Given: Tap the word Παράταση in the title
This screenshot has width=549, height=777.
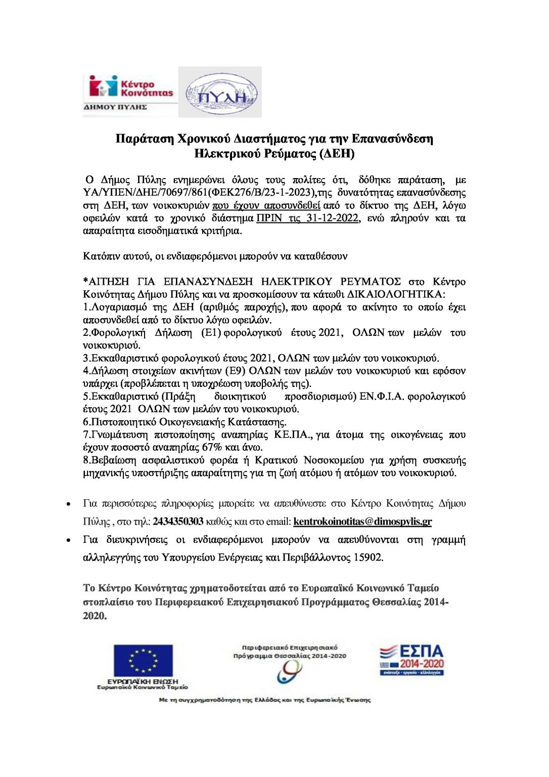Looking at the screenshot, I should pyautogui.click(x=144, y=139).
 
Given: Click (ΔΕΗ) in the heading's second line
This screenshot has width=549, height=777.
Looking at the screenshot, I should pyautogui.click(x=337, y=154).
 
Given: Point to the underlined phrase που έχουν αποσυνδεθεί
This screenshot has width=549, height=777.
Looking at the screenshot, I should pyautogui.click(x=266, y=205).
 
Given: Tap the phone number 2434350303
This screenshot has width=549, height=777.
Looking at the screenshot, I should pyautogui.click(x=178, y=522).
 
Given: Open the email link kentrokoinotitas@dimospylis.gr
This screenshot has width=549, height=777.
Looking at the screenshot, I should pyautogui.click(x=362, y=522).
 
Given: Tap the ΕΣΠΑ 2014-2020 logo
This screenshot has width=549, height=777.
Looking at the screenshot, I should pyautogui.click(x=412, y=660).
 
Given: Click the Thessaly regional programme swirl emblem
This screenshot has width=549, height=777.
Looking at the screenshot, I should pyautogui.click(x=289, y=672).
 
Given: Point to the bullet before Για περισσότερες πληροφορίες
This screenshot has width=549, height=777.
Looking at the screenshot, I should pyautogui.click(x=68, y=504).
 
